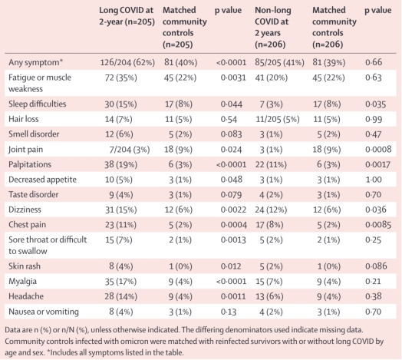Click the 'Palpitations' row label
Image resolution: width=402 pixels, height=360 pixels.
point(30,164)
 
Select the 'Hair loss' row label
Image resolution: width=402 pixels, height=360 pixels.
point(23,119)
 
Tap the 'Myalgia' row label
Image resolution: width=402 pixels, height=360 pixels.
point(22,282)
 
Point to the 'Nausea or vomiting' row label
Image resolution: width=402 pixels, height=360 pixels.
point(44,312)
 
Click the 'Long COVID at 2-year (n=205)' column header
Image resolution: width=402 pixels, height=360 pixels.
point(127,16)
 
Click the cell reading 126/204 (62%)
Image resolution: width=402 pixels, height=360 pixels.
point(127,62)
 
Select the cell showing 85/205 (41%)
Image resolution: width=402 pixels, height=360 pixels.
point(279,62)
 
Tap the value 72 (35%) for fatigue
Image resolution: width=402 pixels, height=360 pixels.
point(120,78)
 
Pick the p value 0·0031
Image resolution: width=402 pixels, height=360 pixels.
point(233,78)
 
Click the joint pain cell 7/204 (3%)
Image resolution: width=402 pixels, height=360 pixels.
point(130,150)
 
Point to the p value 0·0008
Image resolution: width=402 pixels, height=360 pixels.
point(378,150)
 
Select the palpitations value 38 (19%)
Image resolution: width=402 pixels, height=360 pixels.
point(120,164)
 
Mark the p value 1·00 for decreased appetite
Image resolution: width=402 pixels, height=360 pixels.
point(374,180)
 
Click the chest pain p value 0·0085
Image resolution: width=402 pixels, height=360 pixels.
point(378,225)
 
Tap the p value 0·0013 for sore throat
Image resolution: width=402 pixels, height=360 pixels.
point(233,240)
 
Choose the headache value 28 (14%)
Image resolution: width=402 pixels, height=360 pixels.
point(120,296)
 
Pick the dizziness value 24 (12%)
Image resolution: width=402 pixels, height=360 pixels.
point(271,210)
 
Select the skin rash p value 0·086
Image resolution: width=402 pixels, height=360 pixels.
point(376,266)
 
